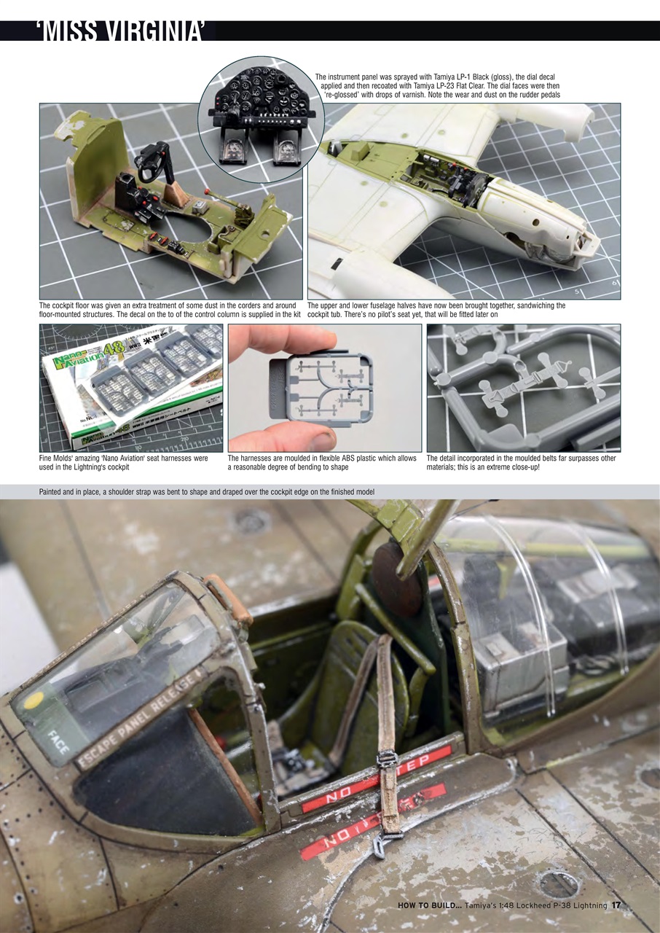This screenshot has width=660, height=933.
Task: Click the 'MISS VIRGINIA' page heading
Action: click(x=124, y=31)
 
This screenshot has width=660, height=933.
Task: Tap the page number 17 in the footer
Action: click(x=616, y=905)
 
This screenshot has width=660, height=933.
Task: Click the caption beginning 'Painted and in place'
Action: click(x=207, y=492)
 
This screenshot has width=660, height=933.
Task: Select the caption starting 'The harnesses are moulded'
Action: click(x=322, y=463)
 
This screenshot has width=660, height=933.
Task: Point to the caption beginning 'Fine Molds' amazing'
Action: click(x=124, y=463)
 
